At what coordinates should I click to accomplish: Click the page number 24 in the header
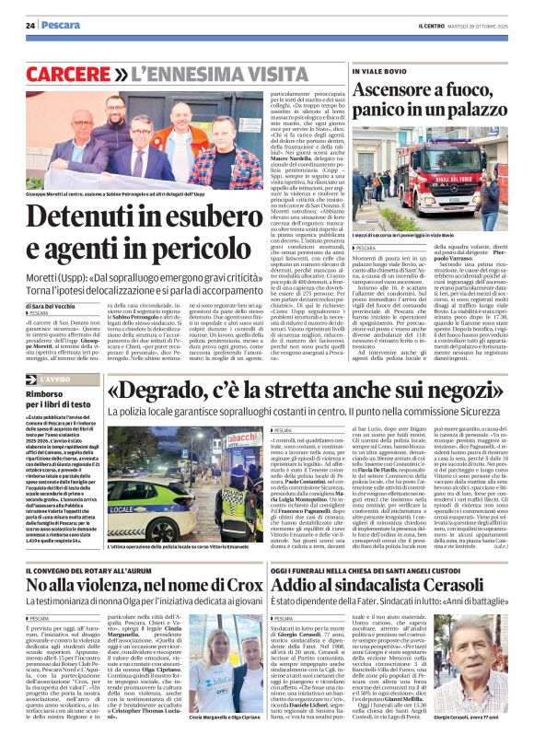(x=31, y=25)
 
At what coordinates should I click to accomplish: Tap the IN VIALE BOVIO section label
(x=376, y=70)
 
